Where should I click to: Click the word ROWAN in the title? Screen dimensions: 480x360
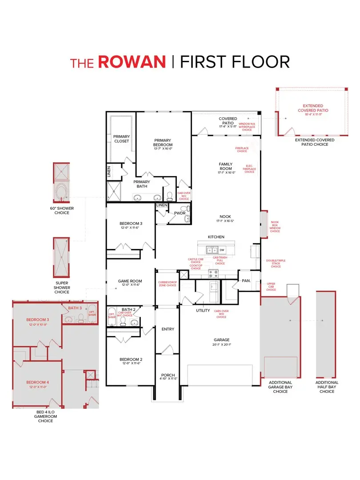click(132, 61)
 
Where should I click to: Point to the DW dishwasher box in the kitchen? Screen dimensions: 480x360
click(222, 250)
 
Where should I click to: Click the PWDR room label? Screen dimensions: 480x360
click(179, 213)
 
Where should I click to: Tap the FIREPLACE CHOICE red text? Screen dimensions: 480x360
click(242, 149)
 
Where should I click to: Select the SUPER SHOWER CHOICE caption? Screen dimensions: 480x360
click(62, 287)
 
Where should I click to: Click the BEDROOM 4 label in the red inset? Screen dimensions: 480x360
click(37, 382)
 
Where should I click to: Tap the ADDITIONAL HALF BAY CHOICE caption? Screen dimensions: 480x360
click(327, 387)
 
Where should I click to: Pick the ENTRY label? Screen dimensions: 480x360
click(168, 329)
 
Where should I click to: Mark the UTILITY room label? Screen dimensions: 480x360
click(203, 311)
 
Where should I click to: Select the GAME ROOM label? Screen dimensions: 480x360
click(130, 281)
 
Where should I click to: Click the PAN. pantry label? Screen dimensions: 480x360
click(246, 281)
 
